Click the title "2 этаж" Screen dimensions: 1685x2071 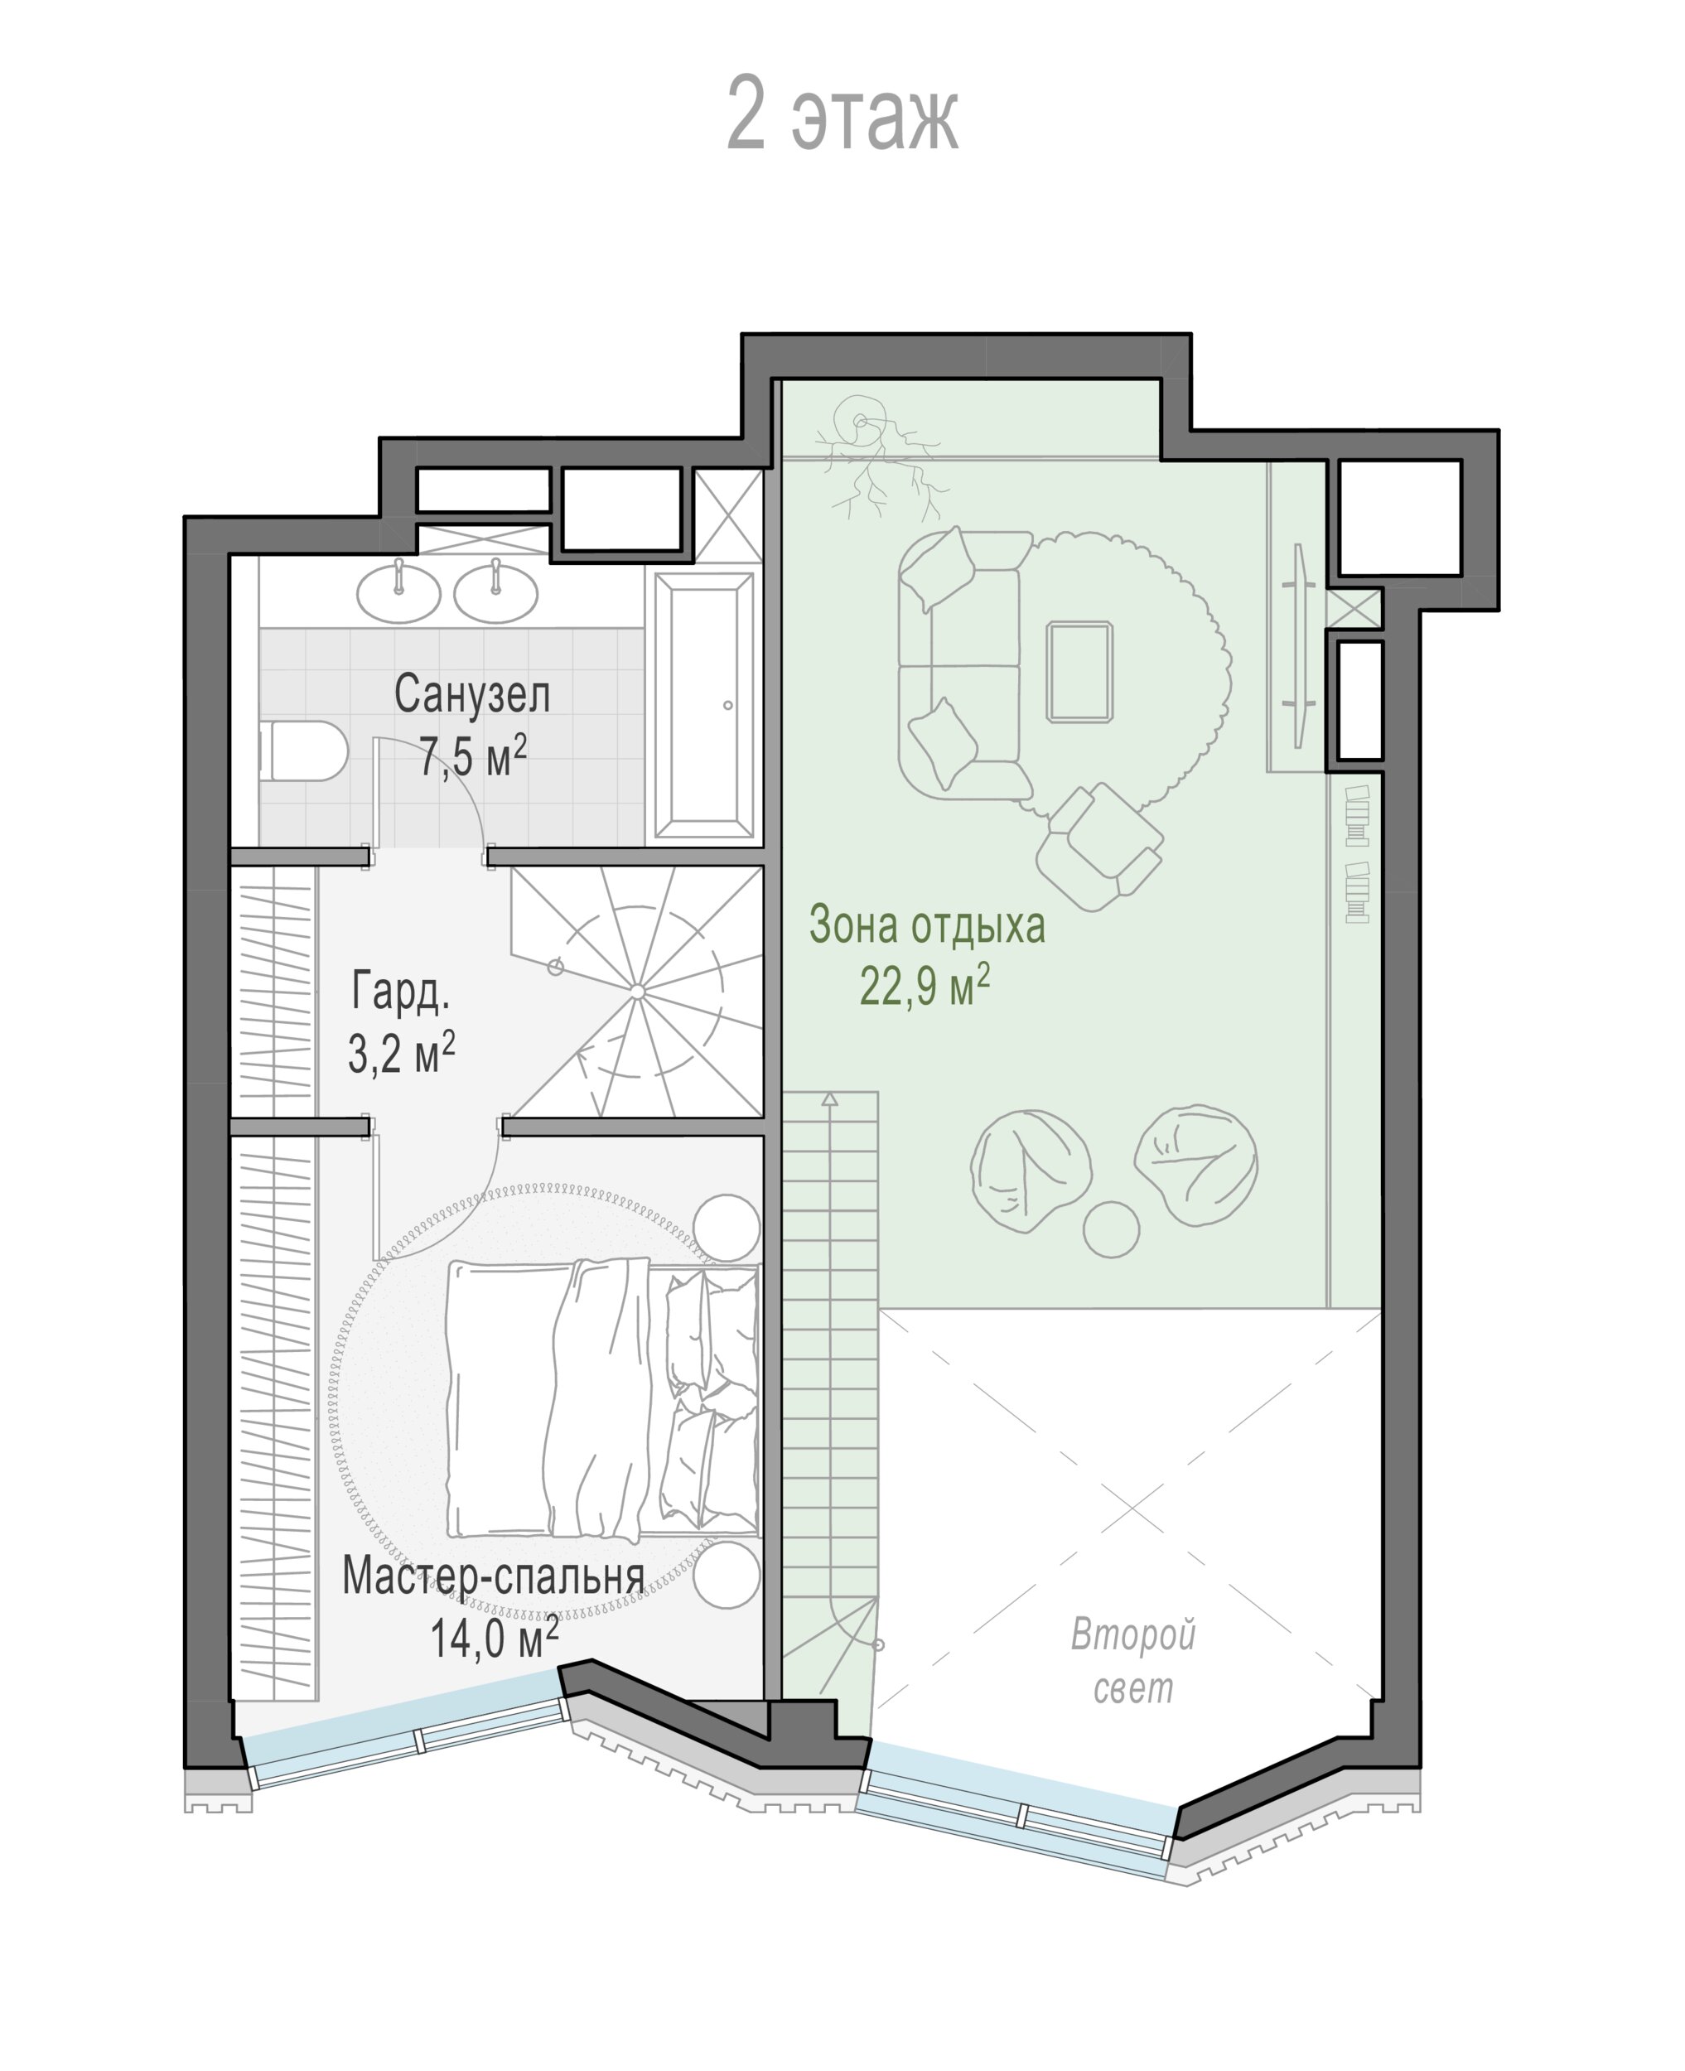click(842, 114)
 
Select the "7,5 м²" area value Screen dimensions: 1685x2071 click(473, 755)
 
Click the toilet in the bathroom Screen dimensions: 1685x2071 click(304, 751)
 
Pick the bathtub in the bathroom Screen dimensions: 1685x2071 click(705, 706)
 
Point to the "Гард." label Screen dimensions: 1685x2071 click(400, 992)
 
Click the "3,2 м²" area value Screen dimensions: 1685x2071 click(401, 1052)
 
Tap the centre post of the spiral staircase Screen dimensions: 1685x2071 click(637, 991)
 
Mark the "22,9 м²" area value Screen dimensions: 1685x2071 click(925, 986)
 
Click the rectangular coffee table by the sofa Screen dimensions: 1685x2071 click(1079, 673)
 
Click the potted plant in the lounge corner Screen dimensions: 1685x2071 click(878, 454)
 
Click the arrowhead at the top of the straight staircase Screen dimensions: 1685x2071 click(830, 1098)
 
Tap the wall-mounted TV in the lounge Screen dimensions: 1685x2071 click(1299, 645)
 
